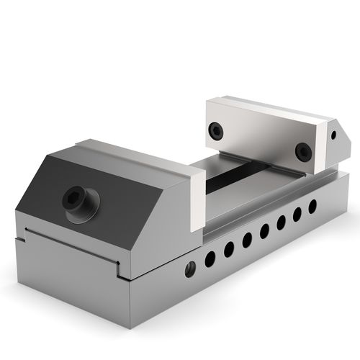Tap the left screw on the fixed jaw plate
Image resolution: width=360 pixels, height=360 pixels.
(x=215, y=130)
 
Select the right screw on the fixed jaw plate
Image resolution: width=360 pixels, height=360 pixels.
(x=303, y=151)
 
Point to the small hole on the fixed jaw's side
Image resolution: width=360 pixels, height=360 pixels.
(x=334, y=135)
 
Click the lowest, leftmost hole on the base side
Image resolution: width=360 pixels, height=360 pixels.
(x=190, y=269)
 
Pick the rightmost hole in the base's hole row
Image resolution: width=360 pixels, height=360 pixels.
(x=312, y=206)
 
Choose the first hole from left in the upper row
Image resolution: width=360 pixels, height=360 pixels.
(x=210, y=258)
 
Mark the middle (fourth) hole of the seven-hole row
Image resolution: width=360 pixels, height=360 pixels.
(x=264, y=230)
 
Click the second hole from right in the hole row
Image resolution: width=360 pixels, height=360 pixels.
(x=297, y=214)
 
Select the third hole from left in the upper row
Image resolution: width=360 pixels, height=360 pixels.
(x=246, y=240)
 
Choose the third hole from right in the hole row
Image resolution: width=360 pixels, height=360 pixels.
(x=281, y=222)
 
